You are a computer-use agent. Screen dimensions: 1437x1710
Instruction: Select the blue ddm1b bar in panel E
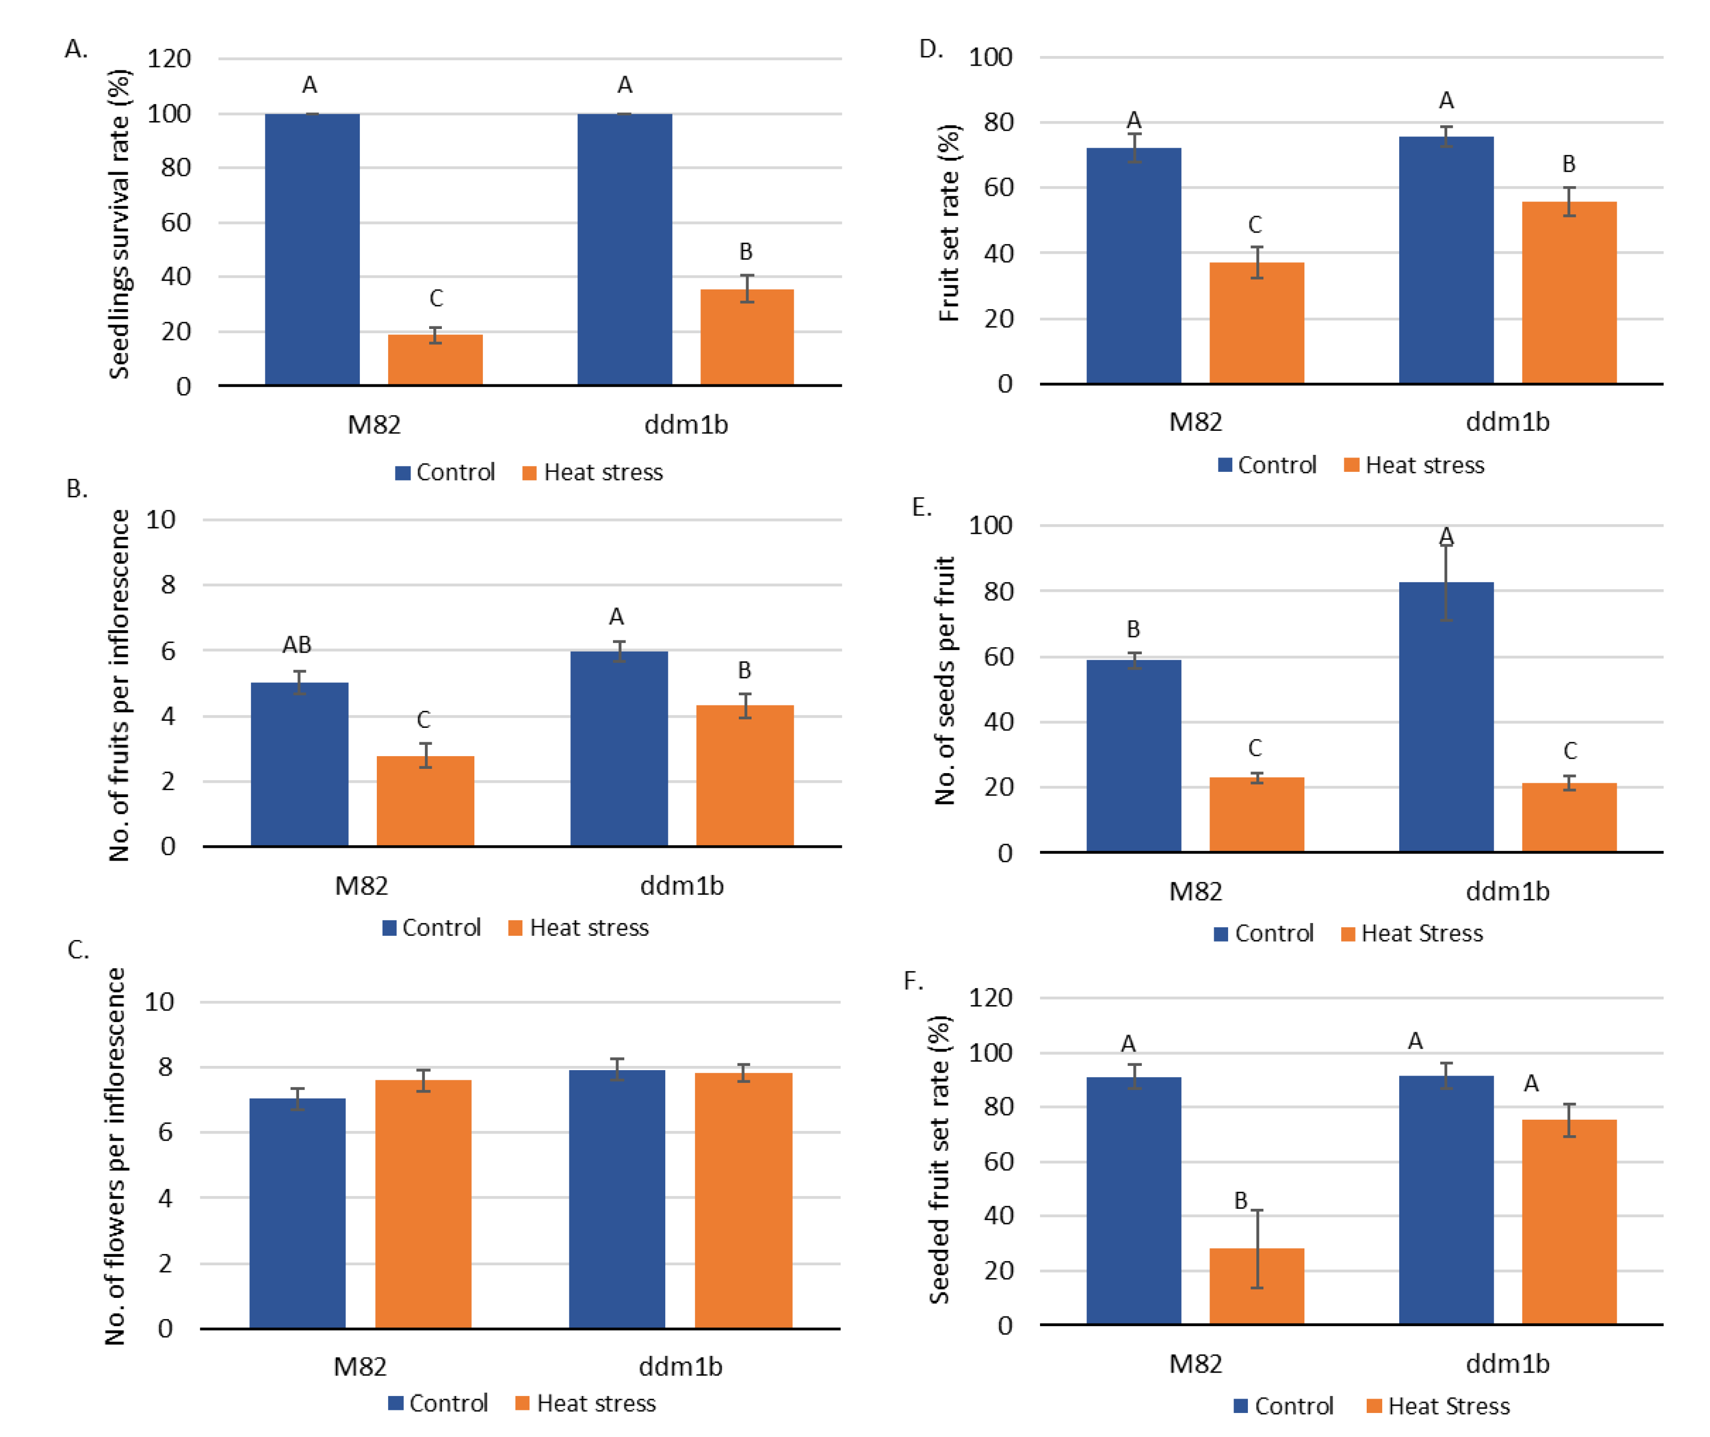(1446, 717)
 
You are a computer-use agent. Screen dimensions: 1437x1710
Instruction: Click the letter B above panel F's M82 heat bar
(1240, 1201)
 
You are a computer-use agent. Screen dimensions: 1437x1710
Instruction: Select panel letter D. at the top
(931, 50)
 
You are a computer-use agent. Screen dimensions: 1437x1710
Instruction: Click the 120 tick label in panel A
(168, 59)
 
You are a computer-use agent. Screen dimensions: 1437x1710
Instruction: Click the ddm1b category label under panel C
(680, 1366)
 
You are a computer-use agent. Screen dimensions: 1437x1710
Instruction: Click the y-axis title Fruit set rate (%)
(949, 222)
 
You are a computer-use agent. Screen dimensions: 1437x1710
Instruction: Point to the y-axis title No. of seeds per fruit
(944, 681)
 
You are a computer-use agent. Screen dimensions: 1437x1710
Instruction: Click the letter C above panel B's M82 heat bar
(423, 720)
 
